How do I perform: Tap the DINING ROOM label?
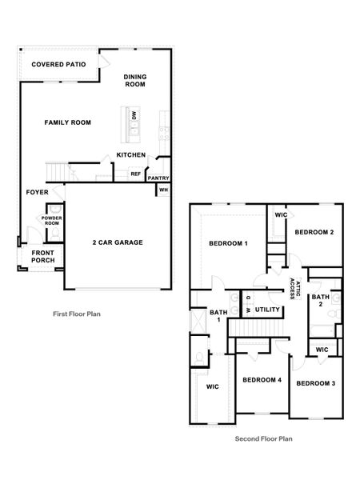coord(135,81)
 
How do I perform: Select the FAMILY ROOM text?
coord(67,122)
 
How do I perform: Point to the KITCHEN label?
coord(131,154)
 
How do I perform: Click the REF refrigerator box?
coord(135,174)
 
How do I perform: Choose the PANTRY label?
coord(158,178)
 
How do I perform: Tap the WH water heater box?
coord(163,190)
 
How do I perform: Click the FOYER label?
coord(38,192)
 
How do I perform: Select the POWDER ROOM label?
coord(52,221)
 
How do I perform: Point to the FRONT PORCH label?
coord(42,257)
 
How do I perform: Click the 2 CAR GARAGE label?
coord(118,242)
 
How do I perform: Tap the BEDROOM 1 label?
coord(228,243)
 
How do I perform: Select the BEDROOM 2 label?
coord(314,232)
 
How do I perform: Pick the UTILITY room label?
coord(267,310)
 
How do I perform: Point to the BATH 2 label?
coord(318,300)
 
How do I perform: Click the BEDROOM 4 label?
coord(262,379)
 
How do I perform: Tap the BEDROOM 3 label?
coord(315,383)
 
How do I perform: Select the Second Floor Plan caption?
coord(264,438)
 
